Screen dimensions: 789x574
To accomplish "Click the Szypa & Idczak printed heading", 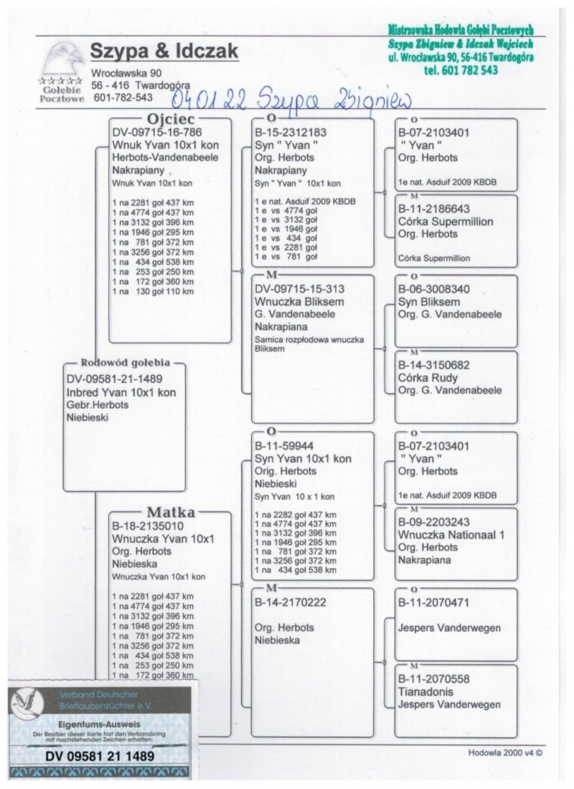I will [164, 52].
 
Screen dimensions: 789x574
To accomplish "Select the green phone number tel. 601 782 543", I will [461, 70].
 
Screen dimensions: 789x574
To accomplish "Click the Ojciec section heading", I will [170, 119].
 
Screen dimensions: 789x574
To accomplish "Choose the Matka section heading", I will [171, 512].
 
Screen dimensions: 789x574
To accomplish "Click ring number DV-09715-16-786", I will [157, 133].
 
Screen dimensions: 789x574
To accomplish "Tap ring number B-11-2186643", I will [434, 209].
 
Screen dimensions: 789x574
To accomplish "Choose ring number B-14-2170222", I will [291, 602].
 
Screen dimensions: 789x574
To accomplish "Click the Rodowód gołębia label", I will [125, 362].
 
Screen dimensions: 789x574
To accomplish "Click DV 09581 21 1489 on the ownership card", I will [100, 755].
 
